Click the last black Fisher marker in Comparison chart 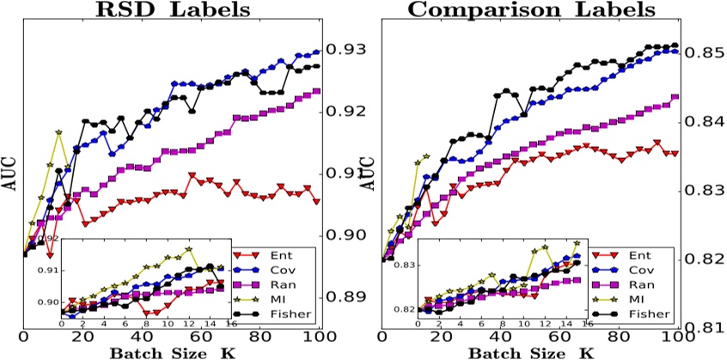[x=675, y=46]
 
